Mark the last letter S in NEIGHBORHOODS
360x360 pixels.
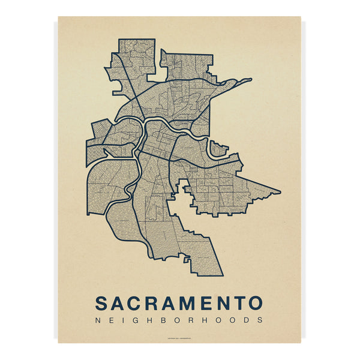(260, 320)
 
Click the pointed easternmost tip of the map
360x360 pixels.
(280, 192)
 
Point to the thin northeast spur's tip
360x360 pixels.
(251, 79)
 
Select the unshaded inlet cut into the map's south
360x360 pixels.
(179, 210)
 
